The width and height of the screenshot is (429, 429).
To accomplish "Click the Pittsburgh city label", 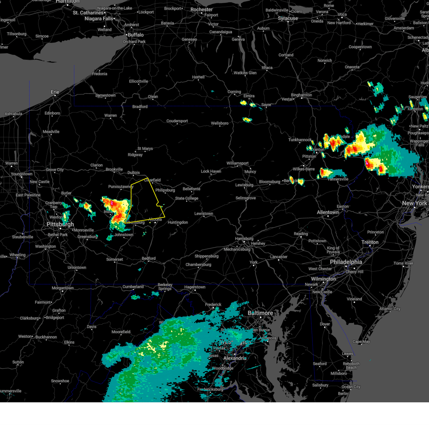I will pyautogui.click(x=60, y=224).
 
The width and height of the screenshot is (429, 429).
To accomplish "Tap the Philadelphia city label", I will pyautogui.click(x=346, y=262).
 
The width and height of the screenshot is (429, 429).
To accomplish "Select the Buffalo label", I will pyautogui.click(x=135, y=35).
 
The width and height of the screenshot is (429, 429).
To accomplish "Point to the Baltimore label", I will pyautogui.click(x=260, y=313).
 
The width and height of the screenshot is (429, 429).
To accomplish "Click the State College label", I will pyautogui.click(x=186, y=198).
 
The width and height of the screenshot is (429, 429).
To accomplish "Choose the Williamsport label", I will pyautogui.click(x=237, y=163).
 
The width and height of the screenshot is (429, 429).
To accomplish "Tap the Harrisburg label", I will pyautogui.click(x=244, y=238).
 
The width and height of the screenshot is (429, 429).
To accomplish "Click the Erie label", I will pyautogui.click(x=55, y=92).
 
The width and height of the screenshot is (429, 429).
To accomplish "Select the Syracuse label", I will pyautogui.click(x=288, y=18).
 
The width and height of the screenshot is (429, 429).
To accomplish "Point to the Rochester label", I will pyautogui.click(x=202, y=10).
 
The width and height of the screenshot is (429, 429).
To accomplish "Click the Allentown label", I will pyautogui.click(x=327, y=212).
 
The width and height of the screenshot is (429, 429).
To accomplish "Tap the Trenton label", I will pyautogui.click(x=370, y=242).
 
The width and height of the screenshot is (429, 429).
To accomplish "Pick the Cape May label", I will pyautogui.click(x=361, y=341).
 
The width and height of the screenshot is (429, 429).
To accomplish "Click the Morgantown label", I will pyautogui.click(x=63, y=288).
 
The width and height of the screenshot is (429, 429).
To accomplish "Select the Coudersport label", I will pyautogui.click(x=177, y=121).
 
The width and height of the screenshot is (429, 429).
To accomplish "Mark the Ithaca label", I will pyautogui.click(x=267, y=68).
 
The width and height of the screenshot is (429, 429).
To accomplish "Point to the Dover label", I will pyautogui.click(x=325, y=324).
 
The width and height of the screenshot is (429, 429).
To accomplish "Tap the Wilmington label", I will pyautogui.click(x=323, y=279).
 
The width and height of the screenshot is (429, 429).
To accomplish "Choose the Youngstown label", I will pyautogui.click(x=21, y=174).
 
